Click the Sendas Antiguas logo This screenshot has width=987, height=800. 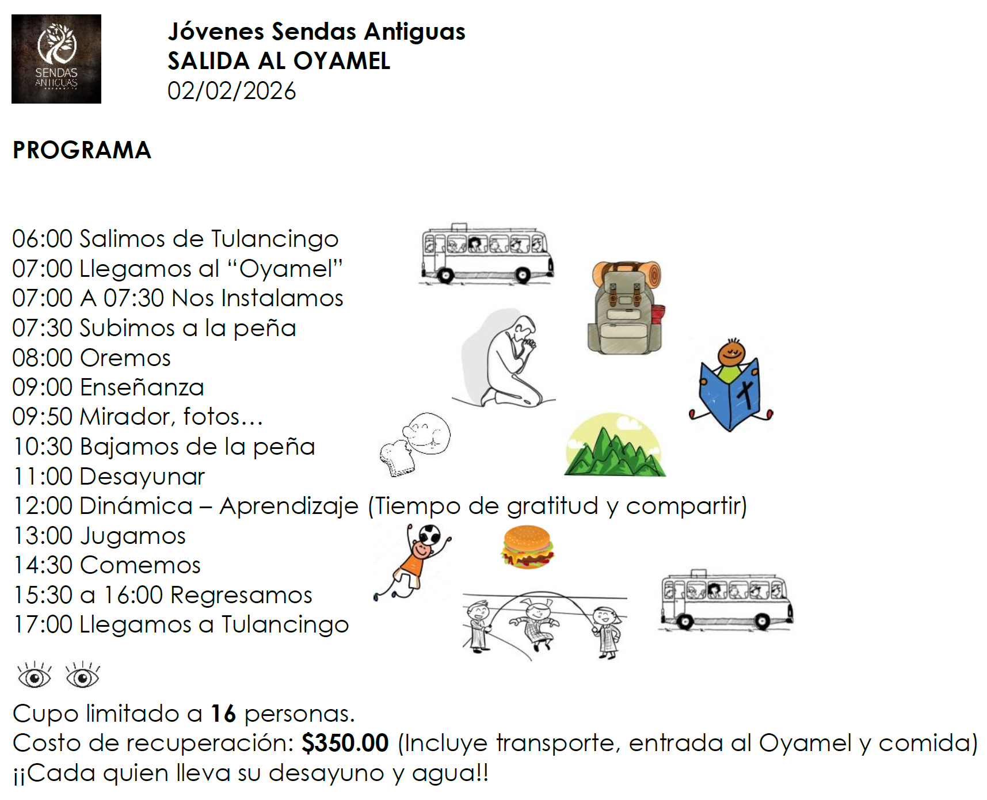click(x=56, y=59)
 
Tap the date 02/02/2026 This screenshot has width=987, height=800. click(x=231, y=91)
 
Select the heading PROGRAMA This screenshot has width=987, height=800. click(x=82, y=150)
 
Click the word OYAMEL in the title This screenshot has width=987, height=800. click(x=342, y=61)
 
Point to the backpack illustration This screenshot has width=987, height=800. click(x=626, y=307)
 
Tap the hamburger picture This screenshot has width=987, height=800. click(x=527, y=547)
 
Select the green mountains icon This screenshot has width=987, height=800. click(x=614, y=447)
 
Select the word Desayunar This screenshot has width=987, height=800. click(x=142, y=477)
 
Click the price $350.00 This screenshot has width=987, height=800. click(x=345, y=743)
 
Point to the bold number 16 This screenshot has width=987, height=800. click(x=223, y=714)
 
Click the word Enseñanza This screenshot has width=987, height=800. click(x=142, y=387)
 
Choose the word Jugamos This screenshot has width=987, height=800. click(x=133, y=536)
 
